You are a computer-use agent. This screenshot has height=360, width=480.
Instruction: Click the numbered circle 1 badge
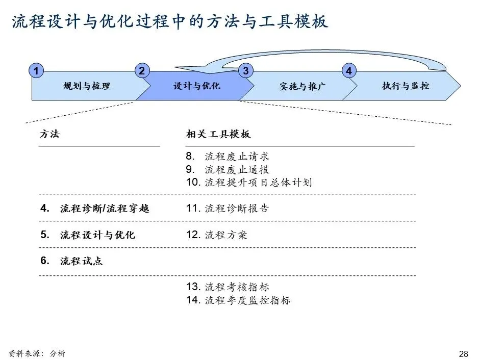[x=36, y=71]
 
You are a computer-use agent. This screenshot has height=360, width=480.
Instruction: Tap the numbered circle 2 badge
[x=142, y=71]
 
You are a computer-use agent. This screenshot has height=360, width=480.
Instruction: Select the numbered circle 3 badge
[x=246, y=71]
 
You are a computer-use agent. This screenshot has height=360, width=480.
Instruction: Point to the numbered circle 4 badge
[x=349, y=71]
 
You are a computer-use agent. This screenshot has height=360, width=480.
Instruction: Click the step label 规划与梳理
[x=87, y=86]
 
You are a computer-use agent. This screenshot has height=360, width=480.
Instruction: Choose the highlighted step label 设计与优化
[x=197, y=86]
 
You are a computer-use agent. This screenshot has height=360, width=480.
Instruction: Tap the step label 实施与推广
[x=302, y=87]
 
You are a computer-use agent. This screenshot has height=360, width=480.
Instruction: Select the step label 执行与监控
[x=406, y=86]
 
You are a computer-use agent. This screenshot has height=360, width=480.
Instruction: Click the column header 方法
[x=49, y=134]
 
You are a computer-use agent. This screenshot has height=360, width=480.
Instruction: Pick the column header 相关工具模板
[x=218, y=134]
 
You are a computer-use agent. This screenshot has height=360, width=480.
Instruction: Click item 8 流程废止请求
[x=228, y=157]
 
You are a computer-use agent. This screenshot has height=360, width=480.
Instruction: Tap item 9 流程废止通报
[x=228, y=170]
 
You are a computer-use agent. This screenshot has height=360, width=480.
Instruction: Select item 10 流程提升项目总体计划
[x=249, y=183]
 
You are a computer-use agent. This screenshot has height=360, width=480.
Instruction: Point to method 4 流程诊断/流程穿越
[x=95, y=209]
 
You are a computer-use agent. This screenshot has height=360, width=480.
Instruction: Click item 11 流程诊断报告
[x=228, y=209]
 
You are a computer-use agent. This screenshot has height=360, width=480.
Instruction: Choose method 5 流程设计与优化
[x=88, y=235]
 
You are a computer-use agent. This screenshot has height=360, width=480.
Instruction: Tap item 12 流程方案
[x=217, y=235]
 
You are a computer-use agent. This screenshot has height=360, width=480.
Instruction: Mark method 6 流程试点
[x=71, y=261]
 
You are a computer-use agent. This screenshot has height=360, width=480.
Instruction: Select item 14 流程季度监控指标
[x=238, y=300]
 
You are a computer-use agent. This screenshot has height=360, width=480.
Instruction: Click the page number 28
[x=463, y=354]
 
